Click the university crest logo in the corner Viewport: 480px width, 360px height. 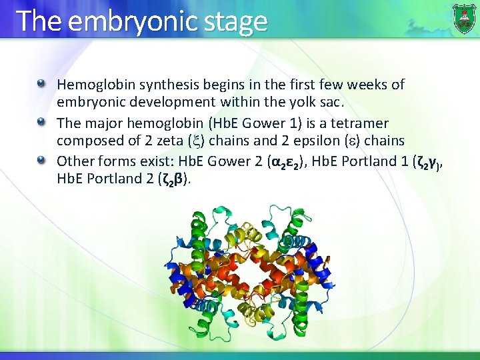pyautogui.click(x=464, y=18)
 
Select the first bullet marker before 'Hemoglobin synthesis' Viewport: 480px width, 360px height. pyautogui.click(x=42, y=85)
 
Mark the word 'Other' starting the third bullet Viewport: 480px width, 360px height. pyautogui.click(x=74, y=161)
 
